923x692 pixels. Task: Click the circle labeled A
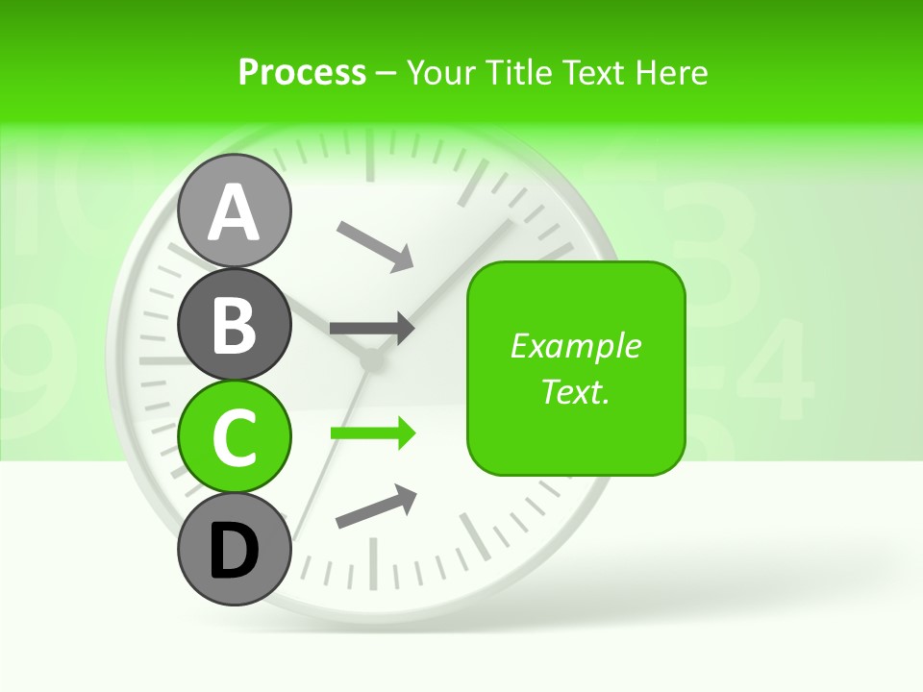point(235,210)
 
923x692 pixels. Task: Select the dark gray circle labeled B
point(235,323)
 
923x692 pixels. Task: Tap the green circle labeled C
point(235,435)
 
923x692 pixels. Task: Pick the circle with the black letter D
point(235,549)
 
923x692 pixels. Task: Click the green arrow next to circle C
point(373,433)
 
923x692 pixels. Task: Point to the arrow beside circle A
point(375,245)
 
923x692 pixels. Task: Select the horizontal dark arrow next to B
point(372,328)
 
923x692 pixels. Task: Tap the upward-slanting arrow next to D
point(376,507)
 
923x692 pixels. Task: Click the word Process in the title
point(302,72)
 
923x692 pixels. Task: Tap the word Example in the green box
point(576,346)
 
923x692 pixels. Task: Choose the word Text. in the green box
point(576,391)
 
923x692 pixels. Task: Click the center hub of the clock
point(370,361)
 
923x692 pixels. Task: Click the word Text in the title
point(592,72)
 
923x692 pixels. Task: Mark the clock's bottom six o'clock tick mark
point(372,561)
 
